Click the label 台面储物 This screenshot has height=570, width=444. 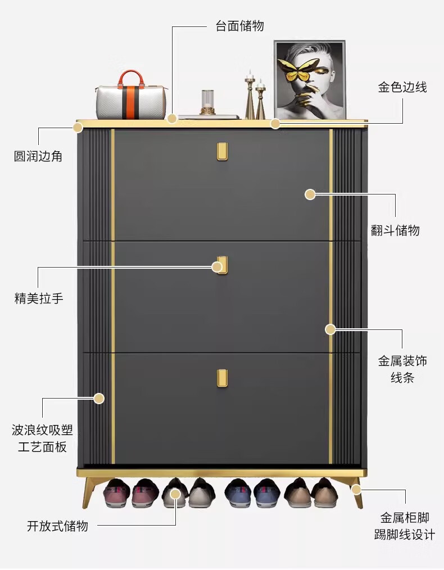pyautogui.click(x=240, y=26)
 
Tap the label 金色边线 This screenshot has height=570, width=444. pyautogui.click(x=402, y=87)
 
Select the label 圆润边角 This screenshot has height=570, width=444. pyautogui.click(x=38, y=156)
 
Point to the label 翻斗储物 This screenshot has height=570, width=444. pyautogui.click(x=395, y=230)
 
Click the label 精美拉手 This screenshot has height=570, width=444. pyautogui.click(x=39, y=298)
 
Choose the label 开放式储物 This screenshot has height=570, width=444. pyautogui.click(x=57, y=526)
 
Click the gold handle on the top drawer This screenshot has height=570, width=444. pyautogui.click(x=223, y=151)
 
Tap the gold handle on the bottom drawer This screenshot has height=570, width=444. pyautogui.click(x=223, y=378)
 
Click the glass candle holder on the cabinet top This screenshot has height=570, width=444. pyautogui.click(x=207, y=102)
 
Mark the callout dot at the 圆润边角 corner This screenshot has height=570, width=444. pyautogui.click(x=78, y=127)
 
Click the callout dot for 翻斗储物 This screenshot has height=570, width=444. pyautogui.click(x=310, y=194)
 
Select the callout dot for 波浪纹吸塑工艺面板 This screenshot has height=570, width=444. pyautogui.click(x=99, y=399)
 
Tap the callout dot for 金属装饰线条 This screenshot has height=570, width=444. pyautogui.click(x=330, y=329)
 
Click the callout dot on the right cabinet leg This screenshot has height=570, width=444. pyautogui.click(x=356, y=489)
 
